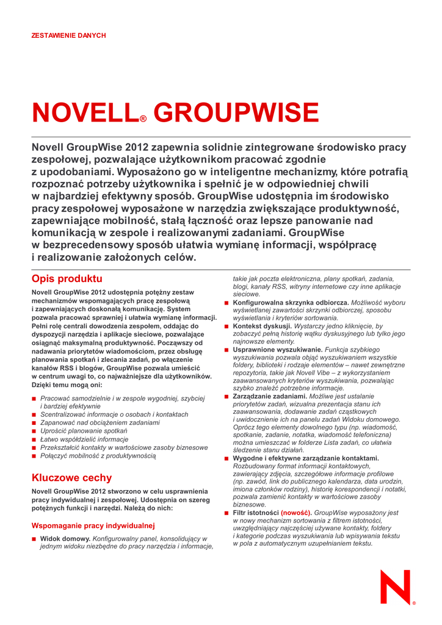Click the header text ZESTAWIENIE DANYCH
point(68,35)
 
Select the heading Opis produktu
point(67,279)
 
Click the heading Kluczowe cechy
point(71,478)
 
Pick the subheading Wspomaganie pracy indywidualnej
point(93,525)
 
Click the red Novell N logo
point(397,587)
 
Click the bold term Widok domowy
point(65,539)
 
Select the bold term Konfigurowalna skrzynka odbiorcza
point(291,303)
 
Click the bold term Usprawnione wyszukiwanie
point(278,350)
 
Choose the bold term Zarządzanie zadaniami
point(270,397)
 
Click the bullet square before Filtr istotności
point(226,513)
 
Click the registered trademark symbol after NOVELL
point(143,120)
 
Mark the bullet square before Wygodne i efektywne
point(226,458)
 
